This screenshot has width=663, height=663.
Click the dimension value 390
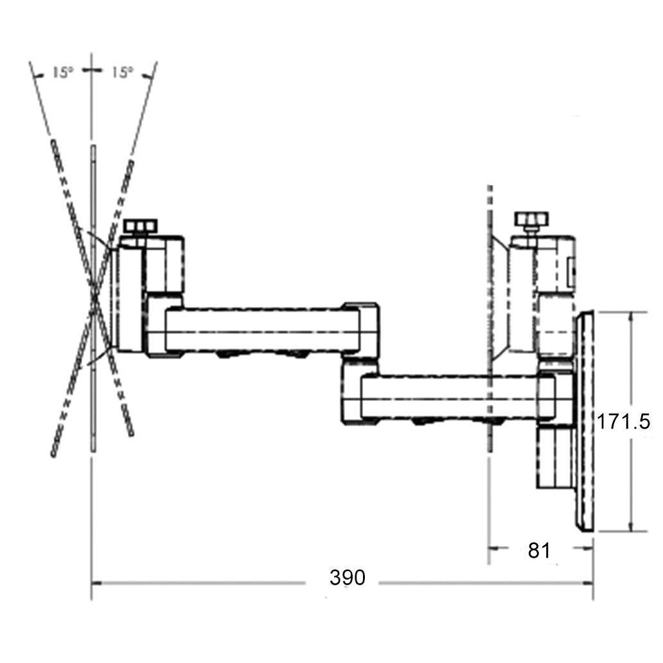(348, 578)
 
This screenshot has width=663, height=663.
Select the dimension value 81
(539, 551)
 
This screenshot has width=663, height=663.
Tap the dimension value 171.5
(623, 421)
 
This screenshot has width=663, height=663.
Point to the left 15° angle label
(62, 73)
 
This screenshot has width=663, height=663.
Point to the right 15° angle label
(122, 73)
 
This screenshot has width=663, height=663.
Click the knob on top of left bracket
(141, 226)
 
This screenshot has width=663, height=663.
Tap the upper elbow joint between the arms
(360, 329)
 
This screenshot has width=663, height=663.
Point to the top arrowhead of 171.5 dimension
(633, 316)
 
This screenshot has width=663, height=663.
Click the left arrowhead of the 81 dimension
(493, 549)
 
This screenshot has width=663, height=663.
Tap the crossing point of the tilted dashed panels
(94, 297)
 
